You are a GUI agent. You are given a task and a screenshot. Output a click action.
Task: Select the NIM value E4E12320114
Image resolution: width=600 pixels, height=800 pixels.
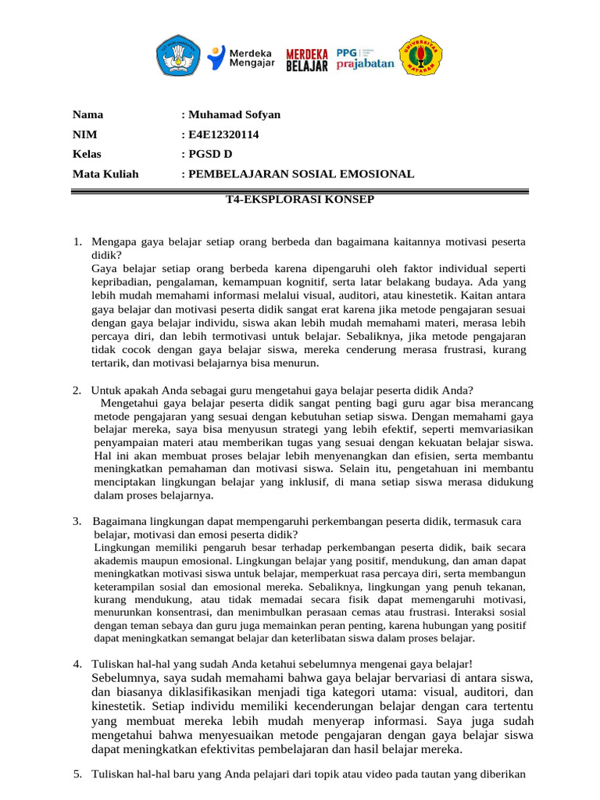[x=223, y=134]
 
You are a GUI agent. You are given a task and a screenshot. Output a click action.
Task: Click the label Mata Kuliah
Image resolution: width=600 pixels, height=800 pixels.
[x=105, y=173]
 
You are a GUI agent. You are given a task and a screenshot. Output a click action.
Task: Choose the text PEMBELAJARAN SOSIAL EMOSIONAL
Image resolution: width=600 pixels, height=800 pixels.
[x=301, y=173]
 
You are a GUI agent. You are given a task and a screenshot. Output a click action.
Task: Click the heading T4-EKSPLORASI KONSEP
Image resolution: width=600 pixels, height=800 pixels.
[x=300, y=199]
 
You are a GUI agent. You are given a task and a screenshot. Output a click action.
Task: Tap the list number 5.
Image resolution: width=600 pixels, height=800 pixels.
[x=77, y=774]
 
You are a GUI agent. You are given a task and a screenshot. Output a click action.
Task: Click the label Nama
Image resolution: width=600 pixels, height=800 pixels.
[x=87, y=115]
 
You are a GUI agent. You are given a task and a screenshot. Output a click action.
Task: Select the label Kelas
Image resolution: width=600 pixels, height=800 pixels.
[x=87, y=154]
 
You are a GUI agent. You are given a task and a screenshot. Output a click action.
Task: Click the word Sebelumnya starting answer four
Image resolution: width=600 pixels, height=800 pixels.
[x=125, y=677]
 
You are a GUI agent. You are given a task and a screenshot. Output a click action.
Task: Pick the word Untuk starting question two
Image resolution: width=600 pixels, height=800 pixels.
[x=105, y=390]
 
